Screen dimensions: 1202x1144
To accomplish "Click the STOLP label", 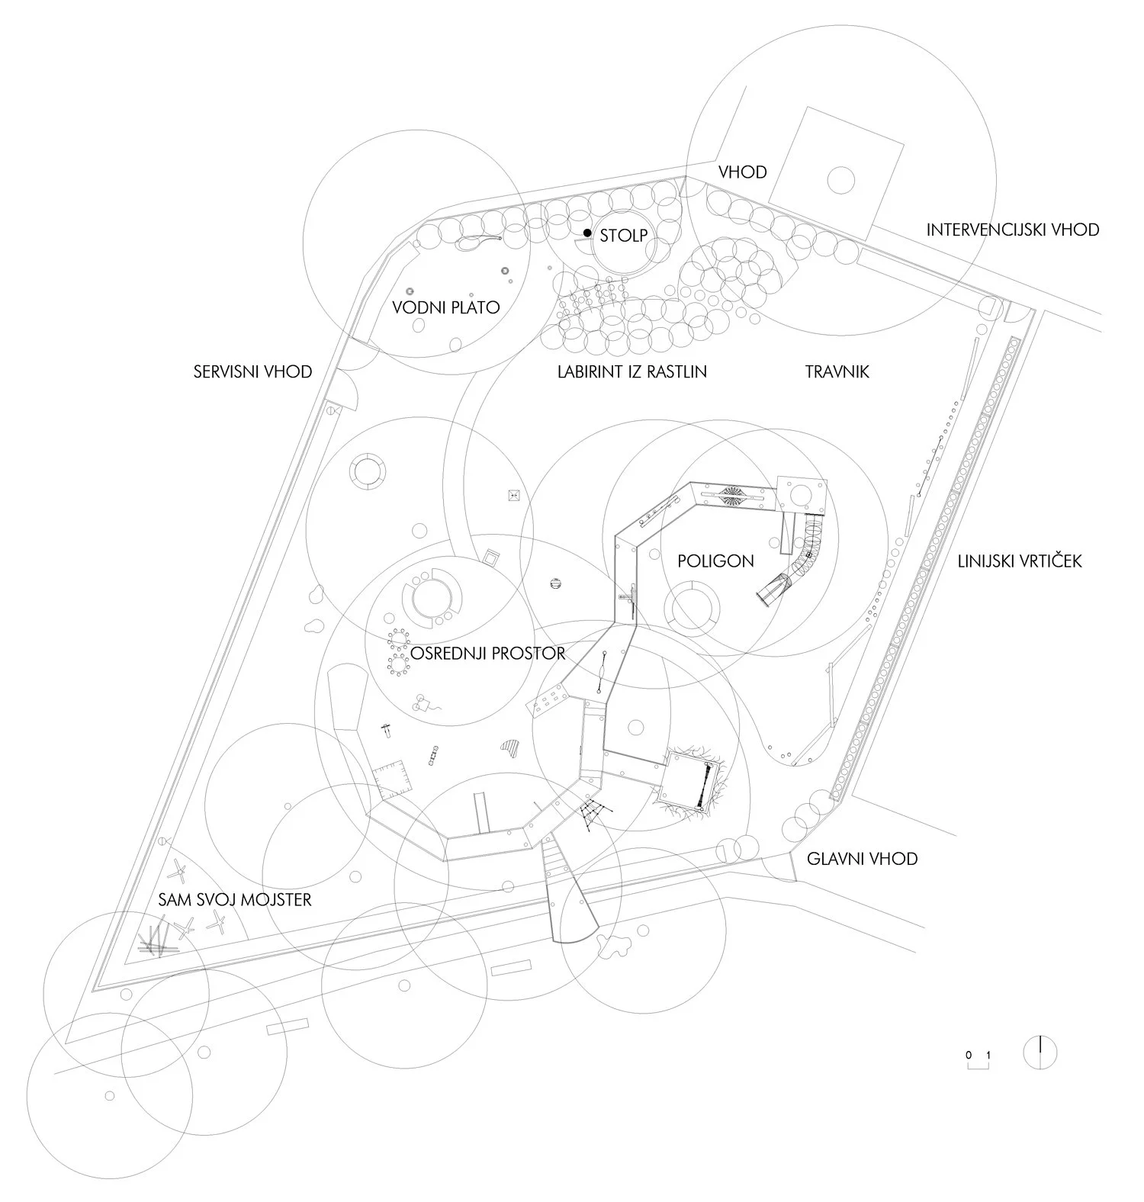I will click(x=623, y=235).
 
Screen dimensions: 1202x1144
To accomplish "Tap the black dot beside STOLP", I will click(x=587, y=232).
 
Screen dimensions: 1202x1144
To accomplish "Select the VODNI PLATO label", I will click(x=445, y=307).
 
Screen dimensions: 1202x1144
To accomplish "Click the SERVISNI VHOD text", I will click(x=252, y=372).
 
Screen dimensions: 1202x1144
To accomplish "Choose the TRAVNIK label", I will click(x=837, y=372).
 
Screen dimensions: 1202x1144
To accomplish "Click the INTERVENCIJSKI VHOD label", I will click(x=1013, y=229).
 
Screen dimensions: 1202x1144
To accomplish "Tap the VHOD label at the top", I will click(x=742, y=172).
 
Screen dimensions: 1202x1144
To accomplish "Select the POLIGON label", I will click(x=715, y=561).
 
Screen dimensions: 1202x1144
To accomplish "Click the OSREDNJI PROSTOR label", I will click(x=488, y=654).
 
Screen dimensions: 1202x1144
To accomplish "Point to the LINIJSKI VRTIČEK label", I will click(x=1020, y=562).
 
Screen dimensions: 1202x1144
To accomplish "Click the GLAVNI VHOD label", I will click(x=862, y=859).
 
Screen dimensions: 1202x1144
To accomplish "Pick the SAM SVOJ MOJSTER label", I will click(x=235, y=900).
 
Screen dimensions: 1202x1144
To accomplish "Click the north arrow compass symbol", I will click(x=1040, y=1053).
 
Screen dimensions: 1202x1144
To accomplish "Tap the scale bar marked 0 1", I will click(x=979, y=1061).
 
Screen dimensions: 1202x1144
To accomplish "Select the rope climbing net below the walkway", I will click(x=594, y=817).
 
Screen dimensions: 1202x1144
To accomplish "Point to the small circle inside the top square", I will click(x=840, y=180).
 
